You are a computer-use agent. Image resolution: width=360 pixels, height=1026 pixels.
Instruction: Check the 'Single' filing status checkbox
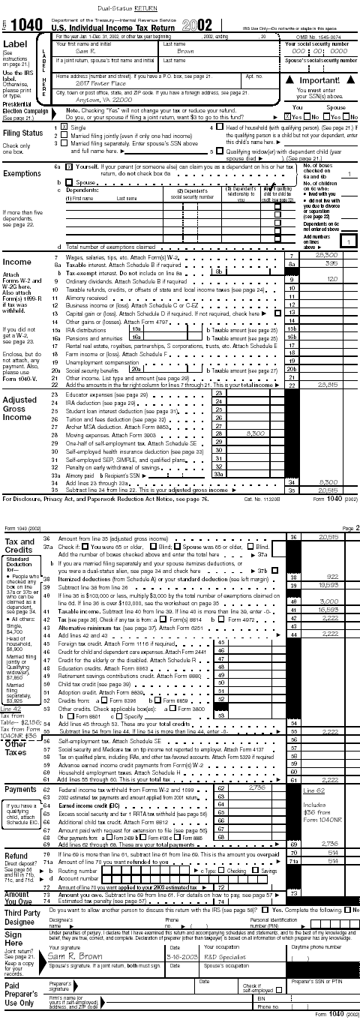coord(65,128)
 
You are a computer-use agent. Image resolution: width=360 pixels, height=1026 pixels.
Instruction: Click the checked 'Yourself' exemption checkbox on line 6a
coord(69,166)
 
